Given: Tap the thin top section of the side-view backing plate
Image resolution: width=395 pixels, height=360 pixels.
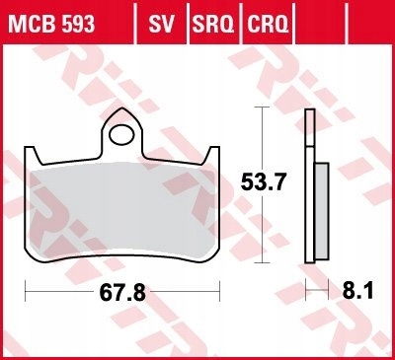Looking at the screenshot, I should [x=307, y=133].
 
